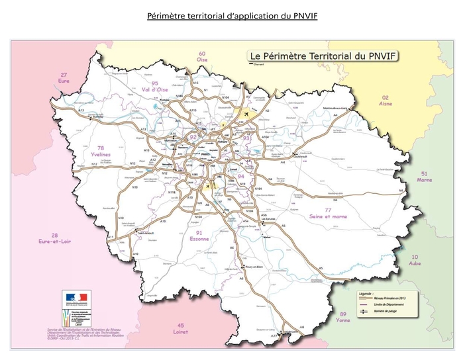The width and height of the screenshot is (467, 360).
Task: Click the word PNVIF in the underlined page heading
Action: click(303, 15)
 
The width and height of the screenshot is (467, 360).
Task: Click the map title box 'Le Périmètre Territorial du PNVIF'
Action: click(322, 56)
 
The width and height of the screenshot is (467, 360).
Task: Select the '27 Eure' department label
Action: click(64, 77)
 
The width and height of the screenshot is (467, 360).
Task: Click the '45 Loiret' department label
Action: click(180, 329)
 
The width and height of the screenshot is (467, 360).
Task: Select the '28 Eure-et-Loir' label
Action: click(55, 238)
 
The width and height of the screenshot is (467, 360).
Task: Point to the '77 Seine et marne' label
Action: click(328, 212)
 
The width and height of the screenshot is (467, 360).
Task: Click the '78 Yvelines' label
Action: click(101, 151)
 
